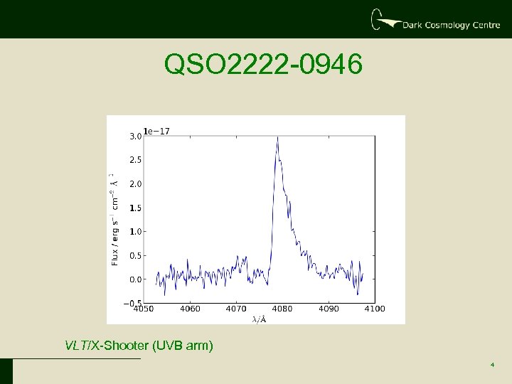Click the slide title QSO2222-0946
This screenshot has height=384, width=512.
point(263,65)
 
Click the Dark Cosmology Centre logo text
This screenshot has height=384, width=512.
point(451,25)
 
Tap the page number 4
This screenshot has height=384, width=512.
point(492,366)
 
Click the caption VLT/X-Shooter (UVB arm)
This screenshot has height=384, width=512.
point(139,346)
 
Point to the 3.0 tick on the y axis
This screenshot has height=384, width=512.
point(134,136)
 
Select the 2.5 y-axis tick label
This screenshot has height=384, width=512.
point(134,160)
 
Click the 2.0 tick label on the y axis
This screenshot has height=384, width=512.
point(134,183)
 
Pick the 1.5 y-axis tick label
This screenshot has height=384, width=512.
point(134,208)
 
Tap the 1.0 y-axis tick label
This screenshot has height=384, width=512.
point(134,231)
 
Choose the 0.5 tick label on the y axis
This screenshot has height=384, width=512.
point(134,255)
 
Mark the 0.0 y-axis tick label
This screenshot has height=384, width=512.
point(134,279)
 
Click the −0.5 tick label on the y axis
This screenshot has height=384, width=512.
point(132,303)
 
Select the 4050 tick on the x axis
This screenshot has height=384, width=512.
point(144,309)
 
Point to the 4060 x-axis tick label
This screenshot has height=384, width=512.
point(190,309)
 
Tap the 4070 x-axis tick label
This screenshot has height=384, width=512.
point(236,309)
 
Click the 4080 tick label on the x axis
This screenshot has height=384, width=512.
point(282,309)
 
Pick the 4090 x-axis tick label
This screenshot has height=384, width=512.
point(329,309)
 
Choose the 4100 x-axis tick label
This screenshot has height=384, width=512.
point(375,309)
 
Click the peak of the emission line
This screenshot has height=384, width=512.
point(277,137)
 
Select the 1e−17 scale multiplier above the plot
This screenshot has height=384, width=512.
point(156,131)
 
